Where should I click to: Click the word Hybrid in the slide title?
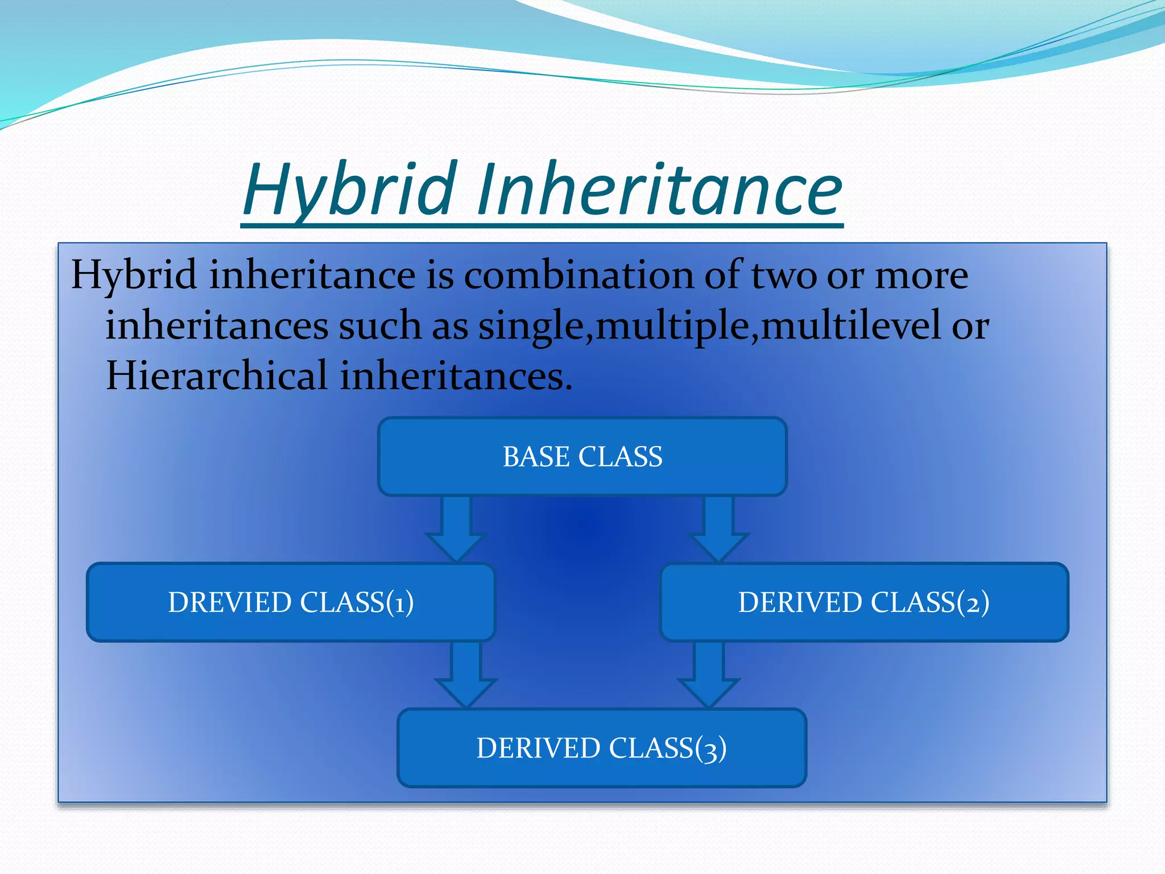tap(350, 191)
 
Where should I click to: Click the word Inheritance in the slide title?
tap(660, 191)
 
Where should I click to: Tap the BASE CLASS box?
tap(582, 456)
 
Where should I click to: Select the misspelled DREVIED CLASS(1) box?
tap(291, 602)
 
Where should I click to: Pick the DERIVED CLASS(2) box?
tap(864, 602)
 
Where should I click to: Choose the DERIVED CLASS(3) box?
tap(602, 748)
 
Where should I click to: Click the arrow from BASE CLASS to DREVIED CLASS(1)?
tap(456, 529)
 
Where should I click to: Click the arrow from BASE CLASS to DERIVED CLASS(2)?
tap(719, 529)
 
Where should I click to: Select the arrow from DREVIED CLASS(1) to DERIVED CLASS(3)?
tap(466, 675)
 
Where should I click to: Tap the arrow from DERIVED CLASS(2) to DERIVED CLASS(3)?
tap(709, 675)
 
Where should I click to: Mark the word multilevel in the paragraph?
tap(851, 327)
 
